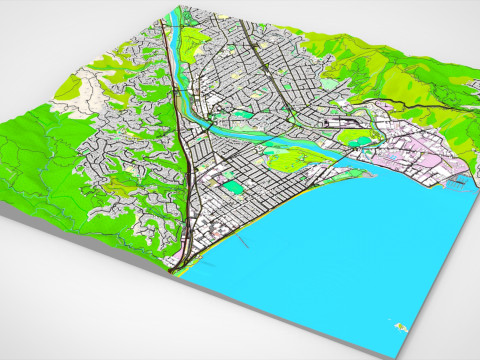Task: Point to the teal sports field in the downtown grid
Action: (x=233, y=186)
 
